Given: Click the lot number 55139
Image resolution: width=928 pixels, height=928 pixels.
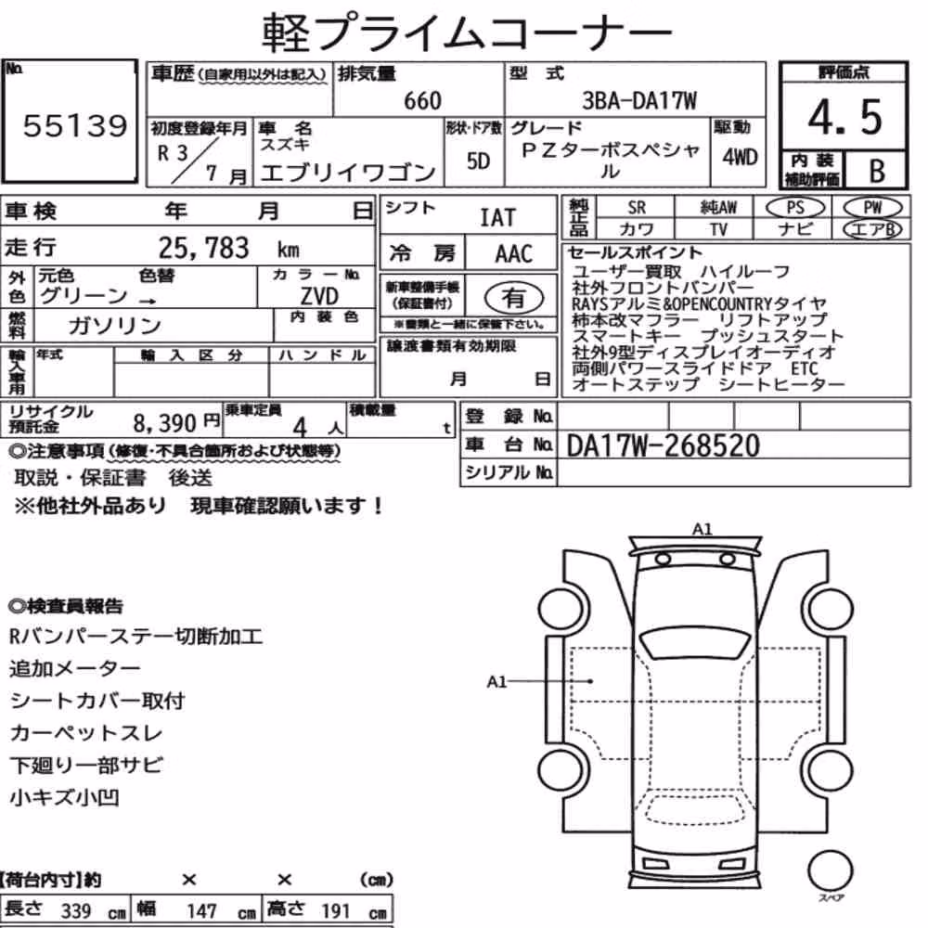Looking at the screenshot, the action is click(75, 125).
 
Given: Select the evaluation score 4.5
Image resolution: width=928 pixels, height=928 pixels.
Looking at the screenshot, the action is click(844, 117).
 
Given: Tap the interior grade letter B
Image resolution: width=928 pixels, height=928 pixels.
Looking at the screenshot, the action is click(877, 171).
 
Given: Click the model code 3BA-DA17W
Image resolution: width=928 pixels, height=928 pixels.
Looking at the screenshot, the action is click(639, 100).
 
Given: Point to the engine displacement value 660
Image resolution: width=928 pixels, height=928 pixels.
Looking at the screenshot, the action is click(422, 100).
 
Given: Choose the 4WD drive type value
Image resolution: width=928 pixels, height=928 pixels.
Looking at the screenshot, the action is click(740, 157).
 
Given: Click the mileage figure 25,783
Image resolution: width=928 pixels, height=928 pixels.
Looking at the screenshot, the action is click(203, 248).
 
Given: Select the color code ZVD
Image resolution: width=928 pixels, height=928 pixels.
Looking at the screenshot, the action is click(319, 295).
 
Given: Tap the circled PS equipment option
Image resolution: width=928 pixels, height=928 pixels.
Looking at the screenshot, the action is click(795, 208).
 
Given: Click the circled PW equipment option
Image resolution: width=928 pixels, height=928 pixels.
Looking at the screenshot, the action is click(872, 208).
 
